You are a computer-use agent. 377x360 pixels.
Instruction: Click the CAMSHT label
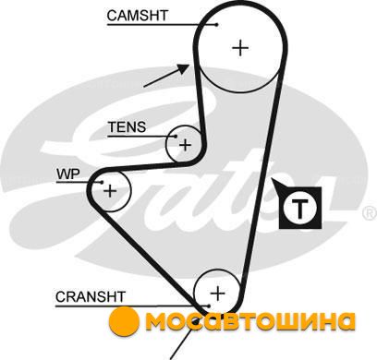tap(138, 16)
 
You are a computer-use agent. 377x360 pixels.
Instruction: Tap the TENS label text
tap(127, 126)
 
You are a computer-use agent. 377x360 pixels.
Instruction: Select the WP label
tap(67, 174)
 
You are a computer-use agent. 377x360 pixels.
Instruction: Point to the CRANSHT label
tap(90, 296)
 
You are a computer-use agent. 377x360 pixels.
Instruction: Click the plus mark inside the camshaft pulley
tap(240, 48)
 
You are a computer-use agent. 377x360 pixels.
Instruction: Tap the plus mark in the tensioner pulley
tap(185, 145)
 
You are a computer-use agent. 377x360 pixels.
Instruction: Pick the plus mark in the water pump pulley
tap(110, 191)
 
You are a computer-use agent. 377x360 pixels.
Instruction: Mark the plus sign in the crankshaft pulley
tap(218, 293)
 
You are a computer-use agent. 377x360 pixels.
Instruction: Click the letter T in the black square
tap(299, 208)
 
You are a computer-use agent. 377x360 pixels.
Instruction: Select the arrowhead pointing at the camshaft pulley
tap(184, 69)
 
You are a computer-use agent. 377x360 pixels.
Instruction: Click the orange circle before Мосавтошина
tap(124, 321)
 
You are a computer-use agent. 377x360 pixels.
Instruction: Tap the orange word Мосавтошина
tap(250, 321)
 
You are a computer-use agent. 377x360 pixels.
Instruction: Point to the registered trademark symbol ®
tap(371, 213)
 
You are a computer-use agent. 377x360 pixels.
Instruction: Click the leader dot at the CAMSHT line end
tap(217, 25)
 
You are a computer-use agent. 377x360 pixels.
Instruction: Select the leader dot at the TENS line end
tap(176, 136)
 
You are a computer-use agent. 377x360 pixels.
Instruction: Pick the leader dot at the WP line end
tap(102, 182)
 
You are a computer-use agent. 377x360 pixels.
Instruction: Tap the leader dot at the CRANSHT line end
tap(209, 306)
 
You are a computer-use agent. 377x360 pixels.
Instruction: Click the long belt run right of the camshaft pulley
tap(262, 185)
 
